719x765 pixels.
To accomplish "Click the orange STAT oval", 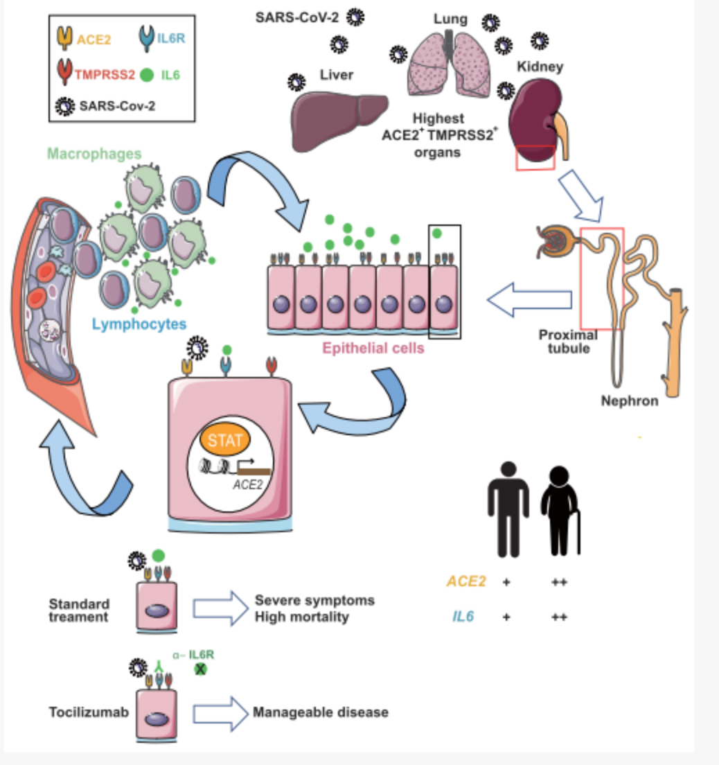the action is (225, 439).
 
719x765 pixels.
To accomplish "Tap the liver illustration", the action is (339, 121).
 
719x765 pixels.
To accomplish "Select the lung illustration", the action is (449, 64).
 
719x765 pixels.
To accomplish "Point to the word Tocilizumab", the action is (89, 712).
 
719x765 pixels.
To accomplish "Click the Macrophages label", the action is (94, 154).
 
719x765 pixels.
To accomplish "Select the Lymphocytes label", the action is (139, 324).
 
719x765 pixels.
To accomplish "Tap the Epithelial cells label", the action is (373, 348).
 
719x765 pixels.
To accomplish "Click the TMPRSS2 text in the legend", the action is (105, 75).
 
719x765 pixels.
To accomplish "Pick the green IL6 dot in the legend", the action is (147, 75).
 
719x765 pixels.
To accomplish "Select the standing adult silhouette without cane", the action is (508, 509).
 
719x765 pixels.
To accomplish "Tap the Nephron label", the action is (629, 401).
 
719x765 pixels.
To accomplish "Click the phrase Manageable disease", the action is (321, 712).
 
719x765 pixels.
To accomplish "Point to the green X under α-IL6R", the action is (200, 669).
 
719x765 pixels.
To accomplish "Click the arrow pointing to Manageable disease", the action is (220, 714).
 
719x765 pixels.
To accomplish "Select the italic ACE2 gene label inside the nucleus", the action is (248, 484).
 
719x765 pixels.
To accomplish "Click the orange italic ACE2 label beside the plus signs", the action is (466, 581).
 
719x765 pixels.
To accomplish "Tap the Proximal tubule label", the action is (568, 342).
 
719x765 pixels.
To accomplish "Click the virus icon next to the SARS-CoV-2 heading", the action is (355, 17).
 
